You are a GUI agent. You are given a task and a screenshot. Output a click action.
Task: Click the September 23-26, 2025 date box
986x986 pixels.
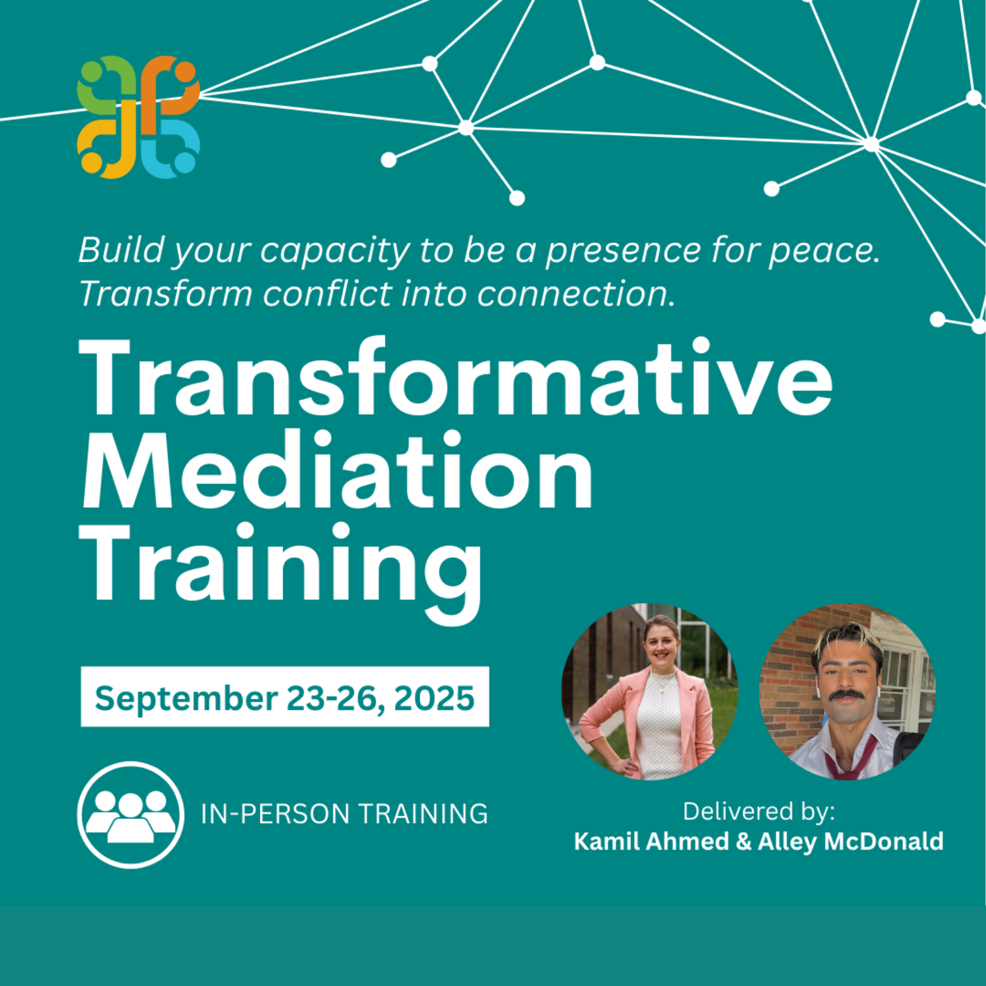click(x=284, y=697)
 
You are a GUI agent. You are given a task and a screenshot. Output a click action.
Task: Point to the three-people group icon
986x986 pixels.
click(x=131, y=815)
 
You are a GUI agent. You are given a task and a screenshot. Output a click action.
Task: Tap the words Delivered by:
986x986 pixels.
click(x=758, y=811)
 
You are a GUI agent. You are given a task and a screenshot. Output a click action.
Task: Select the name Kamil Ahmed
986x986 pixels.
click(x=651, y=842)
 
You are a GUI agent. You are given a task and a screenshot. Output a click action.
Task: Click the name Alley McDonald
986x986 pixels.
click(x=851, y=842)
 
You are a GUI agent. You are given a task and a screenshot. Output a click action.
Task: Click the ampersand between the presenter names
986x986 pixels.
click(x=743, y=842)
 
